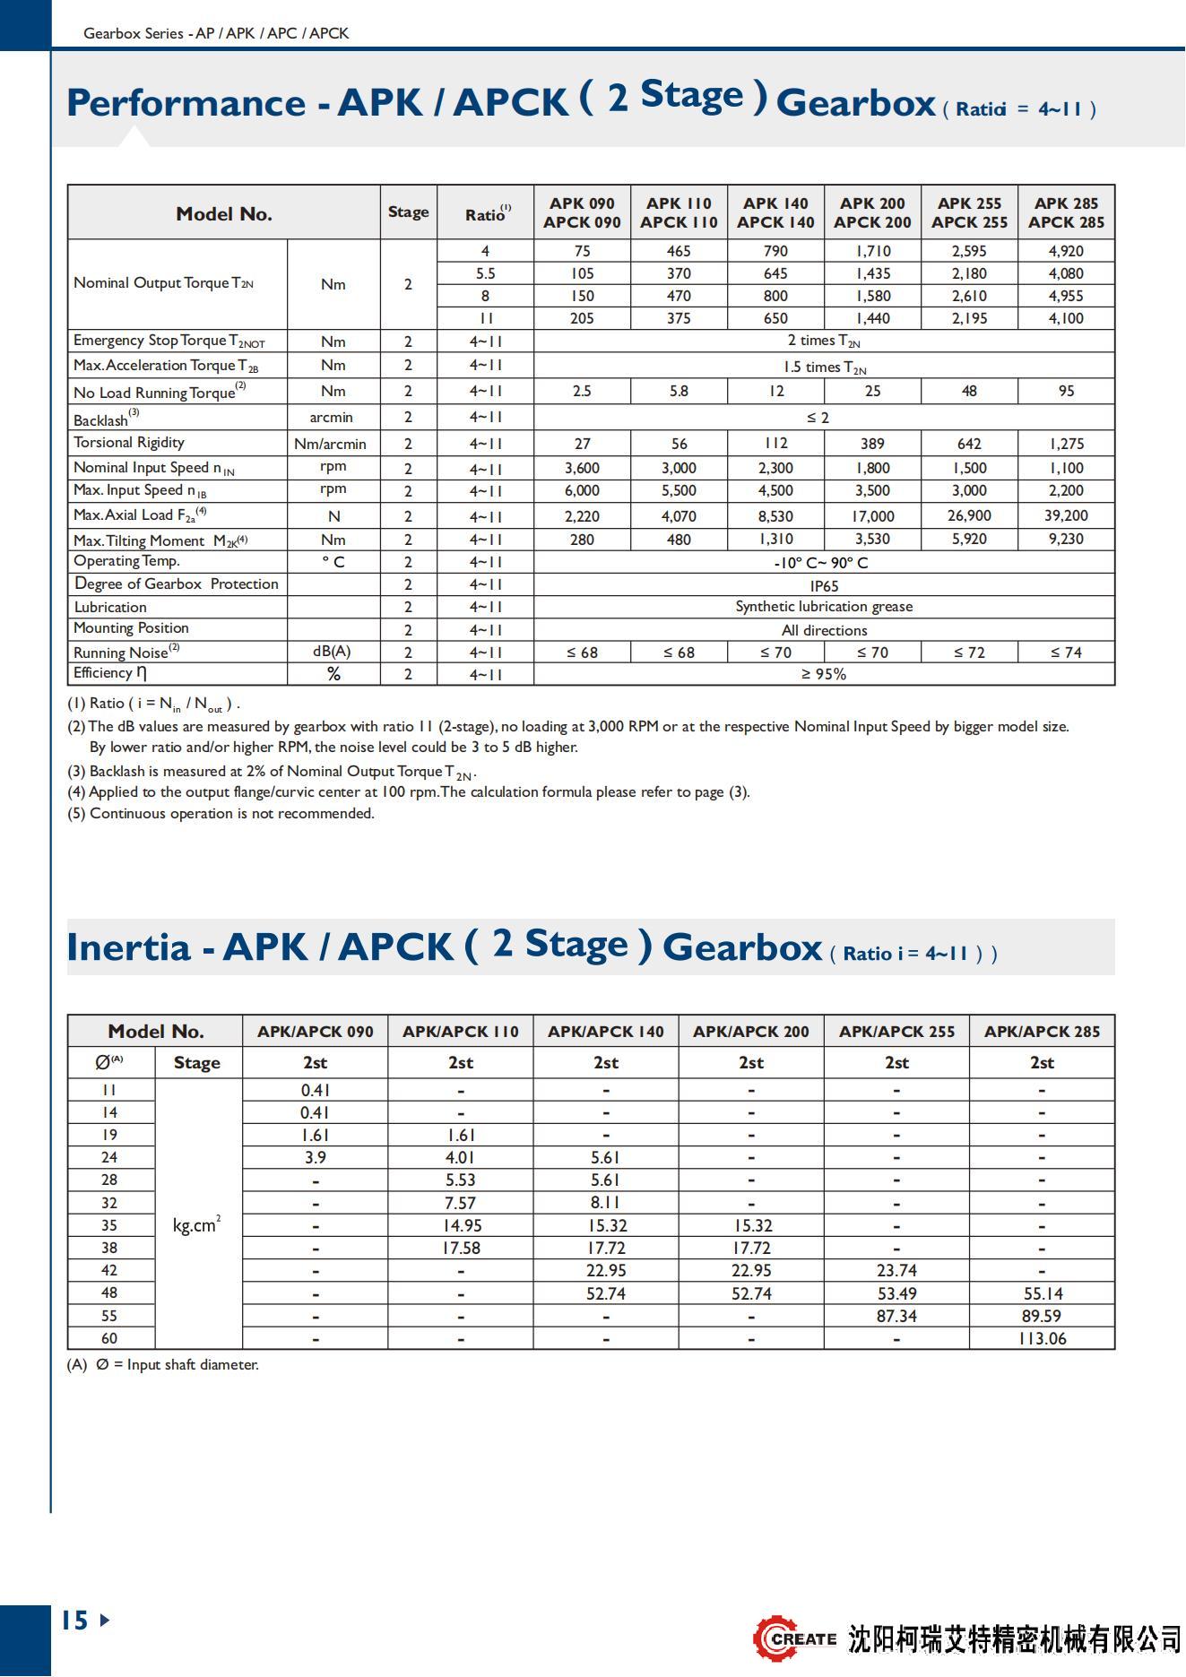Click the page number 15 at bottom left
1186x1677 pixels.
click(x=75, y=1620)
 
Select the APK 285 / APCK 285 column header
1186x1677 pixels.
click(x=1066, y=212)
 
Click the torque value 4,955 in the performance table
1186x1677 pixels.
click(x=1066, y=296)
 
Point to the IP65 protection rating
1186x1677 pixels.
click(x=824, y=585)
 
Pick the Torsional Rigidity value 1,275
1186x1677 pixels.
click(x=1066, y=444)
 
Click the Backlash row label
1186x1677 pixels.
click(x=102, y=419)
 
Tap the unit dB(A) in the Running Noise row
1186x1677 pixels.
click(x=332, y=652)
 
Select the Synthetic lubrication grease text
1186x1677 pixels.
click(x=824, y=607)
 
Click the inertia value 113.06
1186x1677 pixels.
click(x=1042, y=1338)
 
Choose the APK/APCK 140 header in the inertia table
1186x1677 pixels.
click(x=606, y=1032)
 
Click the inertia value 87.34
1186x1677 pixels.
click(x=896, y=1316)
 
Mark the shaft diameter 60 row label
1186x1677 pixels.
click(x=109, y=1338)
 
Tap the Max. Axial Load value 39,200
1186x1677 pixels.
click(x=1066, y=515)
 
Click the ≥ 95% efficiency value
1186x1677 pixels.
click(x=824, y=674)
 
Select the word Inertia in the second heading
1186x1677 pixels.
click(x=129, y=947)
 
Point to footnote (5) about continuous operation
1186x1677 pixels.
click(x=221, y=814)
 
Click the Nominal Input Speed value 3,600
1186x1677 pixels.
click(x=582, y=468)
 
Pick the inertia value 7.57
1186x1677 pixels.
click(x=461, y=1203)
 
